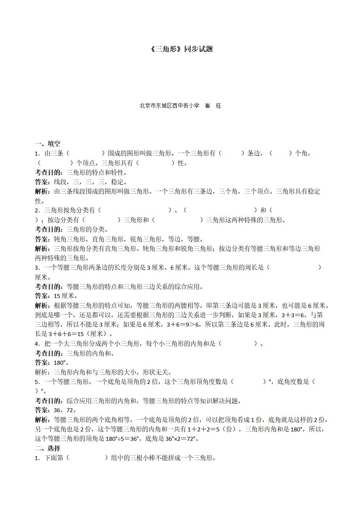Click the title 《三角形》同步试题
tap(181, 49)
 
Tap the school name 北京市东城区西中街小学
tap(169, 106)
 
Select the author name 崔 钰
tap(213, 106)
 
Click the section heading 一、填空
tap(47, 144)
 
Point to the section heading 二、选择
tap(47, 448)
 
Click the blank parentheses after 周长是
tap(294, 268)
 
